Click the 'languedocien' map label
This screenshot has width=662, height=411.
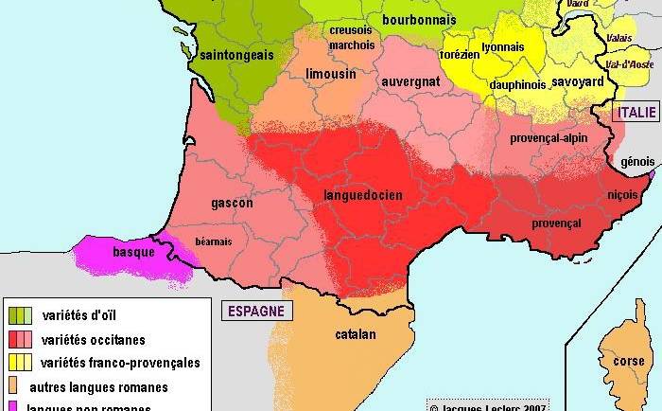363,196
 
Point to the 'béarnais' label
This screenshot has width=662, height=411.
213,241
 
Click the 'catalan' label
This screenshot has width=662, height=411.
356,334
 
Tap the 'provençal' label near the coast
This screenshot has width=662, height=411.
557,223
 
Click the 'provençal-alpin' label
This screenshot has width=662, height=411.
549,138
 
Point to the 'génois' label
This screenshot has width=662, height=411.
637,162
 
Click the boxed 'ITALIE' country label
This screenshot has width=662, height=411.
636,113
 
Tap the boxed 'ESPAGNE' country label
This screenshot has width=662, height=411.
255,312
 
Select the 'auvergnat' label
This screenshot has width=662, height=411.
410,82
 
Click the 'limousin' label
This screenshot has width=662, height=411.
331,73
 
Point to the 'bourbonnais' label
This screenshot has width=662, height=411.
419,20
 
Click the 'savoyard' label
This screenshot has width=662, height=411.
577,82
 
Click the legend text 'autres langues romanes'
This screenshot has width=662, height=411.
98,386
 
